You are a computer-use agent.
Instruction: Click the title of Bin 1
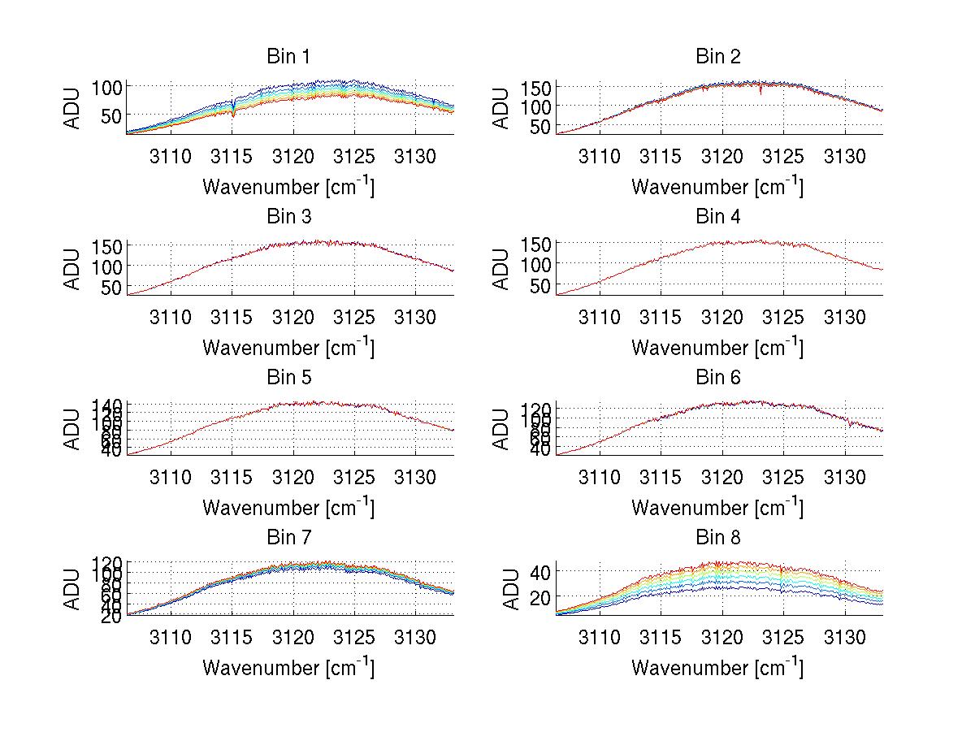(x=288, y=57)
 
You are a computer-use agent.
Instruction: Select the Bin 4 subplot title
(x=718, y=217)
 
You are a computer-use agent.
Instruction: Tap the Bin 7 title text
(x=288, y=538)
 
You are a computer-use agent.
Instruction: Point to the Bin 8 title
(x=718, y=538)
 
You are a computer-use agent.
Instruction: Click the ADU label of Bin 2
(x=501, y=107)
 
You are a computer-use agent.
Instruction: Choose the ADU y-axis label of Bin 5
(x=72, y=428)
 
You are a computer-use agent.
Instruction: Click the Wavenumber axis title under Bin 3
(x=288, y=347)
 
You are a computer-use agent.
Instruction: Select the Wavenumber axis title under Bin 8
(x=717, y=668)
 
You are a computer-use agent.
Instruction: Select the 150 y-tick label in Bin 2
(x=536, y=87)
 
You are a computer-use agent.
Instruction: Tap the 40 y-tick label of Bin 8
(x=543, y=572)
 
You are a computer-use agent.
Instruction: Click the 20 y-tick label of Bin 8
(x=543, y=597)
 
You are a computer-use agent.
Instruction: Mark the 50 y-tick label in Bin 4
(x=542, y=285)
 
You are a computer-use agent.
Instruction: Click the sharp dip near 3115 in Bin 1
(x=233, y=112)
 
